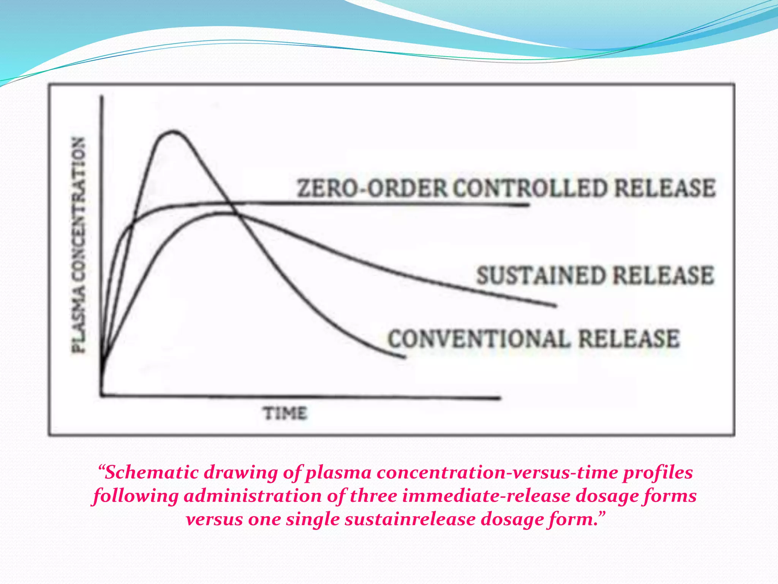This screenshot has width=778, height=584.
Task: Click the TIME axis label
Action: [x=285, y=413]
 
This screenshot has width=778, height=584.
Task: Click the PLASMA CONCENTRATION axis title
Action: [x=79, y=245]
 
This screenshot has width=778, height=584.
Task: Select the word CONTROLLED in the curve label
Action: [x=530, y=188]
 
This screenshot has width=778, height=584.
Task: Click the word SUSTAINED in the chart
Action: [x=541, y=276]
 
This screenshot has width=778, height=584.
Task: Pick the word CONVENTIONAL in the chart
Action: [x=479, y=338]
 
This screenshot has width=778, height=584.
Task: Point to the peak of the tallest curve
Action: [x=173, y=132]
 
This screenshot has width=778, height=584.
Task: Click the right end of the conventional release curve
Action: [x=405, y=357]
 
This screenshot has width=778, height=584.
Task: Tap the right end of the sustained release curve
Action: [x=556, y=305]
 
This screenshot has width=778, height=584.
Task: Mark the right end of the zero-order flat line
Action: [x=528, y=205]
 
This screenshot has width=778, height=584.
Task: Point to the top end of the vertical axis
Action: [x=102, y=97]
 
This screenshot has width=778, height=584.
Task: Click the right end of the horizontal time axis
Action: [x=500, y=398]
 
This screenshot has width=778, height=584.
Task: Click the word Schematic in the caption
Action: [x=152, y=473]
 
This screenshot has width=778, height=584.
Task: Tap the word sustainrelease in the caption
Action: [x=410, y=519]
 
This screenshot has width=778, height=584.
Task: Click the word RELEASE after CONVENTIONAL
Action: [x=629, y=338]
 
